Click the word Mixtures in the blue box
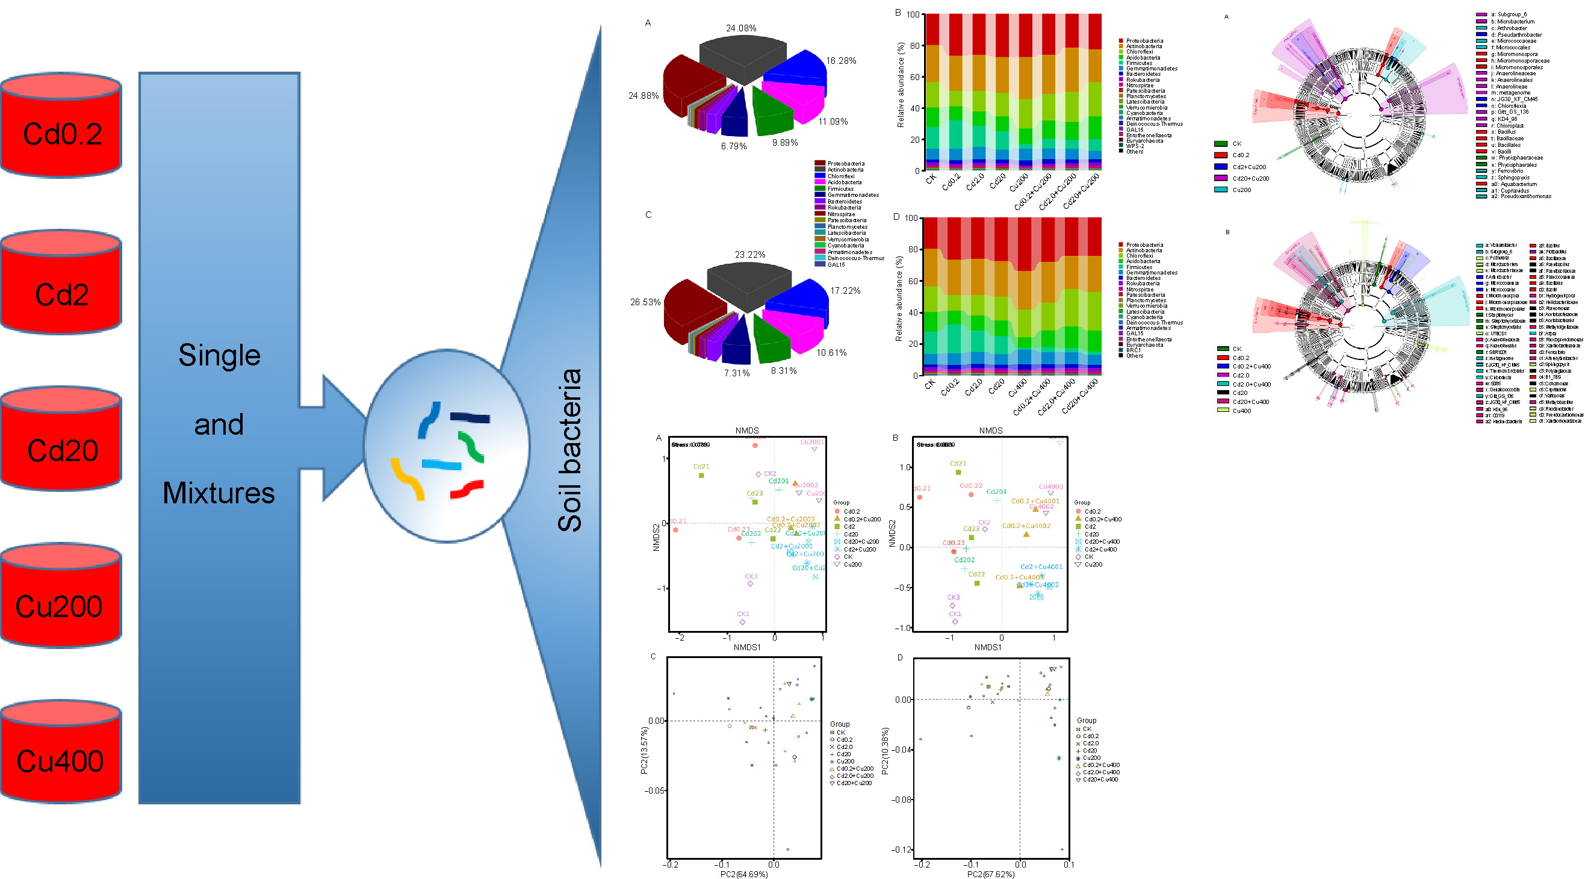click(x=219, y=493)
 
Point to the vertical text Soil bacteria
click(x=569, y=450)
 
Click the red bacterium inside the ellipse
click(x=467, y=489)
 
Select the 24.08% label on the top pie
click(x=741, y=28)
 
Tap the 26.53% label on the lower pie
click(x=645, y=302)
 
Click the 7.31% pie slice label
click(x=736, y=373)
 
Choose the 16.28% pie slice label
click(x=840, y=61)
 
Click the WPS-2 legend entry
click(x=1135, y=146)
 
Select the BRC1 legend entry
click(x=1134, y=350)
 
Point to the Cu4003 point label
click(x=1051, y=487)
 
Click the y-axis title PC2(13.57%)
click(x=644, y=750)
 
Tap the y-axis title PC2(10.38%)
click(x=885, y=751)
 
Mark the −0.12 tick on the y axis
click(x=901, y=849)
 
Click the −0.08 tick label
click(x=901, y=800)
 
